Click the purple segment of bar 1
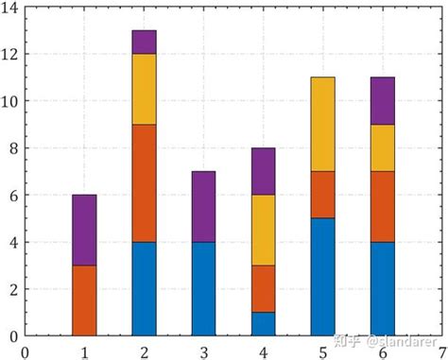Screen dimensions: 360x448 pos(85,231)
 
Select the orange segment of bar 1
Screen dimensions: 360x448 pos(85,300)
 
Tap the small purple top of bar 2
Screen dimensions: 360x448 pos(144,43)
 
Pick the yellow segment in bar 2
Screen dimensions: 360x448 pos(144,89)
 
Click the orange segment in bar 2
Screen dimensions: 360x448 pos(144,183)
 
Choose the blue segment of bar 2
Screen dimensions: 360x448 pos(144,289)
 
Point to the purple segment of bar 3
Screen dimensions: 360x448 pos(203,207)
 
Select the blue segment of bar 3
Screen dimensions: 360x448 pos(203,289)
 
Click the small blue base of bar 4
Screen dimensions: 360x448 pos(263,324)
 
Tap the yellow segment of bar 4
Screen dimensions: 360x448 pos(263,231)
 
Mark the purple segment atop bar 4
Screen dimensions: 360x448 pos(263,172)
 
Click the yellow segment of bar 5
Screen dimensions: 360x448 pos(322,125)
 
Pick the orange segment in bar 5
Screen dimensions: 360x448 pos(322,195)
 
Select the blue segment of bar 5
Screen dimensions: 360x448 pos(322,277)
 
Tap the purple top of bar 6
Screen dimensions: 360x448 pos(382,101)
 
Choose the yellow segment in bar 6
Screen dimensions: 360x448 pos(382,148)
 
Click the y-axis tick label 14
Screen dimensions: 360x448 pos(10,9)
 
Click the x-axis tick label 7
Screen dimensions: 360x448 pos(441,351)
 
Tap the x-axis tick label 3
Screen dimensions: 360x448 pos(203,351)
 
